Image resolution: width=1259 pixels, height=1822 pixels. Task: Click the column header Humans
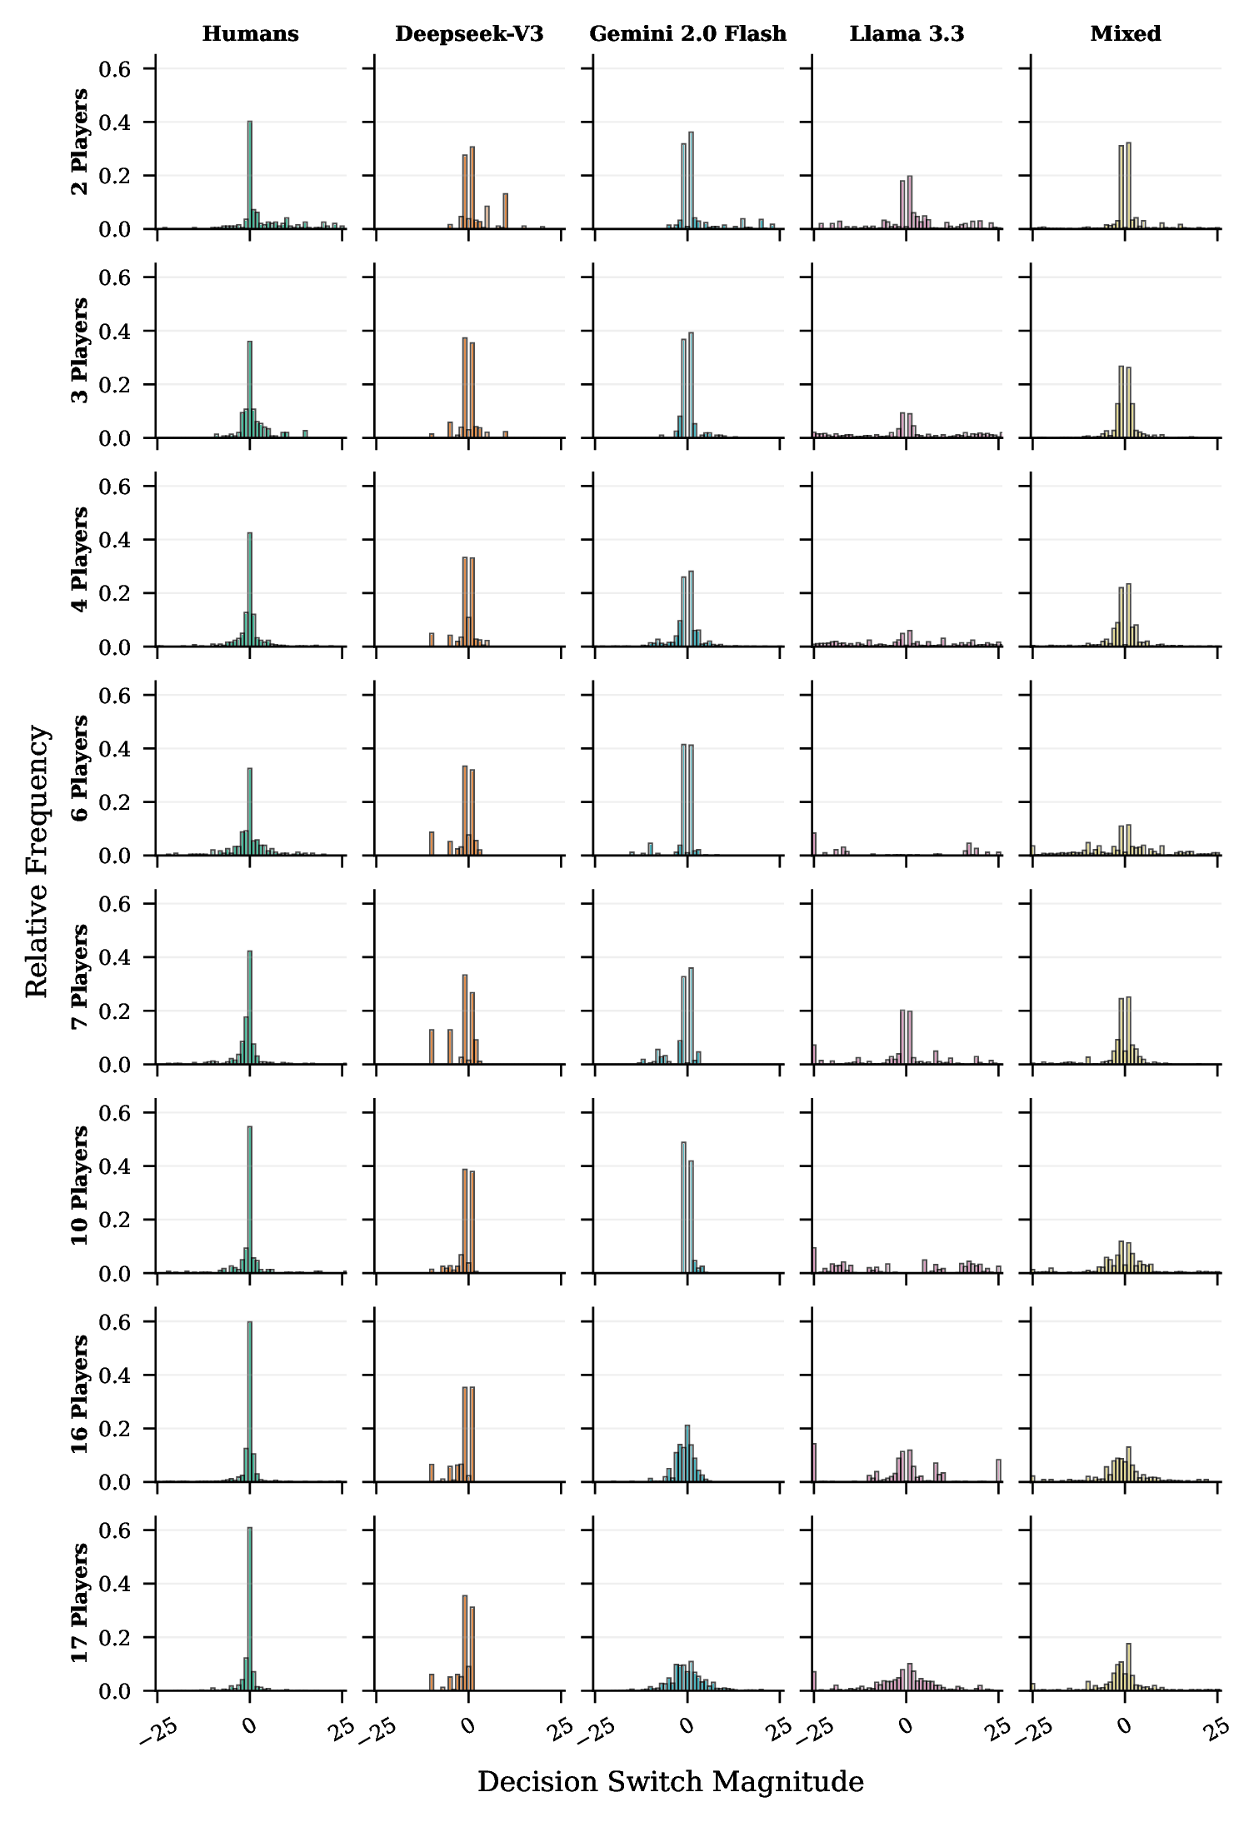click(250, 34)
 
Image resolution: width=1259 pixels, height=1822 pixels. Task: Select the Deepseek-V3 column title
click(469, 34)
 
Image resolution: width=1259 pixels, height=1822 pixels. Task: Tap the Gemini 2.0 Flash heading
click(687, 34)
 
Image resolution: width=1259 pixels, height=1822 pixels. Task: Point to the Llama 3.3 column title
click(907, 34)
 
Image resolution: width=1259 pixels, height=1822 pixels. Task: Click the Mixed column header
click(1126, 34)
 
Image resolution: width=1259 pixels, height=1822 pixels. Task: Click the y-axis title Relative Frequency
click(37, 860)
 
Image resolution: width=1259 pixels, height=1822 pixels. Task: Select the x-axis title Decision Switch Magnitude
click(670, 1782)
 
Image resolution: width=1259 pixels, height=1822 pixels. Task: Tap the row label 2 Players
click(80, 142)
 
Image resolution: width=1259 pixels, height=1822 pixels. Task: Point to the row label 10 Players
click(80, 1186)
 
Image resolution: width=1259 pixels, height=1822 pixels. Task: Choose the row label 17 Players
click(80, 1603)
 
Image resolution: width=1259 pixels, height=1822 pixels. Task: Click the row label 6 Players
click(80, 768)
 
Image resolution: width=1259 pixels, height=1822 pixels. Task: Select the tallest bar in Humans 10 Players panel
click(250, 1200)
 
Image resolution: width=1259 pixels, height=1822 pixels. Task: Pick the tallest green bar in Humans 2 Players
click(250, 175)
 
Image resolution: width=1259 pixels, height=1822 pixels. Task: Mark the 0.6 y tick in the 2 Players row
click(115, 69)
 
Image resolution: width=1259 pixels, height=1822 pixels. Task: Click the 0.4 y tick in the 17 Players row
click(115, 1584)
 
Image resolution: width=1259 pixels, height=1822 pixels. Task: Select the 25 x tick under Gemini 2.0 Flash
click(781, 1727)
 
